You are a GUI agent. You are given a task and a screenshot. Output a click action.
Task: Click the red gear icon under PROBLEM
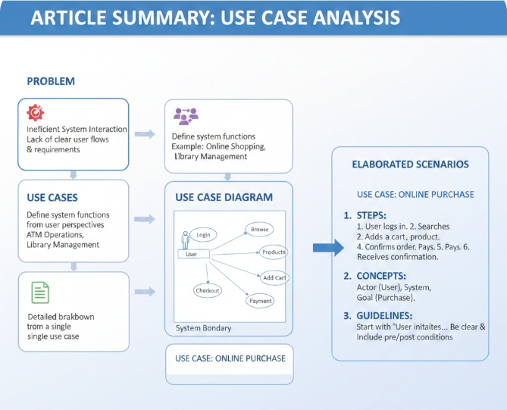click(x=36, y=113)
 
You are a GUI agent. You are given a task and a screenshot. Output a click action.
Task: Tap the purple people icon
click(x=186, y=116)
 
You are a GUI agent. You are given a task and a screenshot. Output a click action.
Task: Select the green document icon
click(x=40, y=293)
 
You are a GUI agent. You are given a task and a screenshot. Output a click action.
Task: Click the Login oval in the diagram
click(x=203, y=235)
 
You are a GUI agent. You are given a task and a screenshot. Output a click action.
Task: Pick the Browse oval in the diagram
click(x=259, y=229)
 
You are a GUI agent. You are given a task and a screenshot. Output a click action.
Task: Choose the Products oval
click(x=274, y=252)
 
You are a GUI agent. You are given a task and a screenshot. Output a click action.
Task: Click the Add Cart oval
click(x=274, y=278)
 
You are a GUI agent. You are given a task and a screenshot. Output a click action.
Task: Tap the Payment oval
click(x=260, y=301)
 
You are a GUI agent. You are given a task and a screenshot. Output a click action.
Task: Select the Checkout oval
click(x=207, y=290)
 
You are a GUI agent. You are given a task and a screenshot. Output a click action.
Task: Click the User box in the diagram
click(x=192, y=254)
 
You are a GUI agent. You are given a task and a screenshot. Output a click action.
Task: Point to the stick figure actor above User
click(x=185, y=239)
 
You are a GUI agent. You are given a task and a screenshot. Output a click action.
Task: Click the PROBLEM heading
click(x=51, y=81)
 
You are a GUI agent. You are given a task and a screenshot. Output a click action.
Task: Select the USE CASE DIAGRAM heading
click(x=224, y=197)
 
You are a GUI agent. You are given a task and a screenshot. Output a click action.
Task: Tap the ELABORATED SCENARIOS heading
click(x=410, y=164)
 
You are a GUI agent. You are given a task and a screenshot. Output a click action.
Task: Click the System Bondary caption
click(x=202, y=328)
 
